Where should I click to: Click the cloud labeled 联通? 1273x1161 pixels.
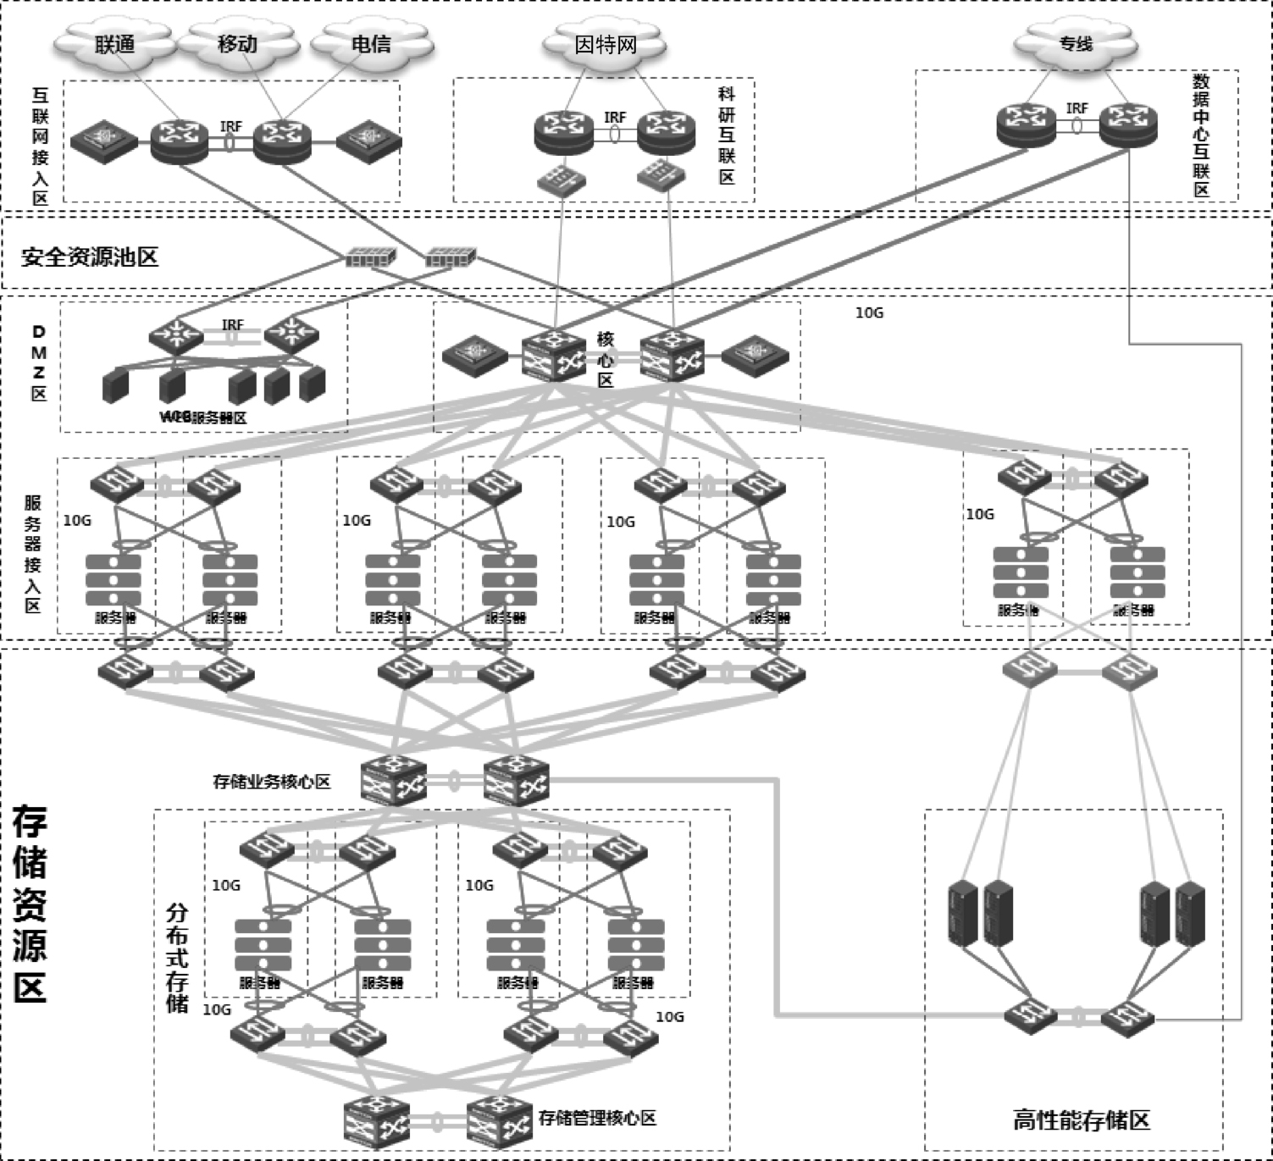[x=115, y=43]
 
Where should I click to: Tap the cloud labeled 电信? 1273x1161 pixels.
[x=371, y=43]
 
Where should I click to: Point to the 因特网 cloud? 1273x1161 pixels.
[x=605, y=43]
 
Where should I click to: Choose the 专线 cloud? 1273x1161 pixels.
[x=1076, y=42]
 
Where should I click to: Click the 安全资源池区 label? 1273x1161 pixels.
[x=90, y=257]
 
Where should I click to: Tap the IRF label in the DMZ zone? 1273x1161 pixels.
[x=232, y=324]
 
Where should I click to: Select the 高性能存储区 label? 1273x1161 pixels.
[x=1082, y=1120]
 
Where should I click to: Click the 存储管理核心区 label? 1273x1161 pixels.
[x=597, y=1118]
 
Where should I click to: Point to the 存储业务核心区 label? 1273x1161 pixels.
[x=271, y=782]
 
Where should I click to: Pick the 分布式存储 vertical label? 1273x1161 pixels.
[x=177, y=958]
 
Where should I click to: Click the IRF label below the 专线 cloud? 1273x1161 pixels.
[x=1077, y=108]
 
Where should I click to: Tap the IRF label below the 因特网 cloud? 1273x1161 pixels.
[x=615, y=117]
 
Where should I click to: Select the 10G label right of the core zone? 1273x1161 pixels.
[x=869, y=312]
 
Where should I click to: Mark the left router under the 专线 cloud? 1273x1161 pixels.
[x=1026, y=124]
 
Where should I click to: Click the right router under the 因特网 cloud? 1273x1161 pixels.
[x=666, y=132]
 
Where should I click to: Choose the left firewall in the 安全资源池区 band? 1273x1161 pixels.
[x=371, y=256]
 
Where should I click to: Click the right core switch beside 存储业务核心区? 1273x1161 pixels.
[x=516, y=778]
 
